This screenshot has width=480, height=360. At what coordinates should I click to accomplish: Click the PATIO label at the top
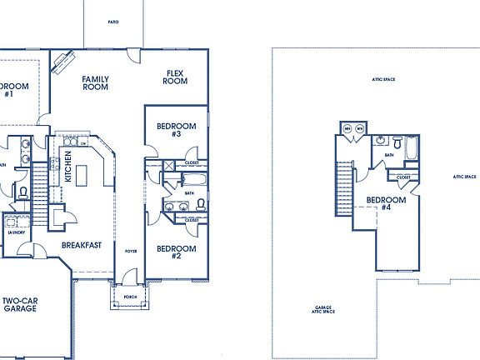[x=112, y=22]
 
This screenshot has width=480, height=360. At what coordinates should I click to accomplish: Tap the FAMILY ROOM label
[x=96, y=83]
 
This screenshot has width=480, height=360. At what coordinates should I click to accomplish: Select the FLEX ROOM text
[x=174, y=77]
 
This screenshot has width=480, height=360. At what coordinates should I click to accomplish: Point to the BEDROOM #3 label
[x=176, y=129]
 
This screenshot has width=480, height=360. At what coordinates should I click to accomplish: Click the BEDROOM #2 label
[x=176, y=252]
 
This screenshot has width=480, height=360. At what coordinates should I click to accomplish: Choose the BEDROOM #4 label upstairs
[x=387, y=204]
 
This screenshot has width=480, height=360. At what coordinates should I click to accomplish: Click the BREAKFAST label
[x=82, y=245]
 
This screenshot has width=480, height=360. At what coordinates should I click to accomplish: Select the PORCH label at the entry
[x=130, y=296]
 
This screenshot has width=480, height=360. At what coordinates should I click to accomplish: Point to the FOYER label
[x=131, y=250]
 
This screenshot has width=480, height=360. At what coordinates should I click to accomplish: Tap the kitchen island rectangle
[x=82, y=176]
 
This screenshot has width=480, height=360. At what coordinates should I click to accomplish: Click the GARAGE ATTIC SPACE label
[x=321, y=308]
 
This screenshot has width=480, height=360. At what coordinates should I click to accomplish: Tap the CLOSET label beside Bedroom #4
[x=402, y=177]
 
